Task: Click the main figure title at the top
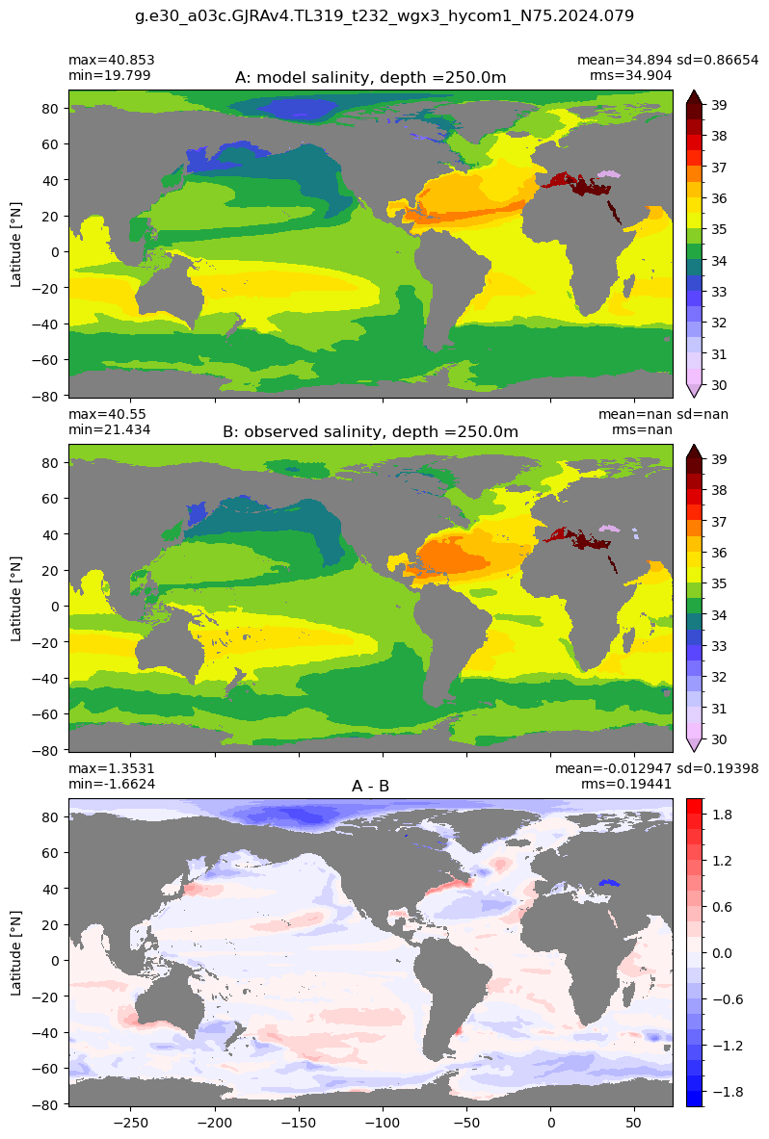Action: point(384,15)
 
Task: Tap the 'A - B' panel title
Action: point(371,786)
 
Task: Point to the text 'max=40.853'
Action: point(111,61)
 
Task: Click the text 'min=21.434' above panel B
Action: point(109,429)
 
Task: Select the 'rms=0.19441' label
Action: point(626,784)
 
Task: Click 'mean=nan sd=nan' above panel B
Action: point(663,414)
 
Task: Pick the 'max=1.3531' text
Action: point(111,768)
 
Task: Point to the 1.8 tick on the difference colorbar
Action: point(722,815)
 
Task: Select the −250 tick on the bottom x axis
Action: point(131,1123)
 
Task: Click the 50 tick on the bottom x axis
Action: point(635,1123)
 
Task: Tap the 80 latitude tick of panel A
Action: point(52,108)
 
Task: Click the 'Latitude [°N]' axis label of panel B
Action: point(16,599)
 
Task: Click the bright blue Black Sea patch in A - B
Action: point(611,883)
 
